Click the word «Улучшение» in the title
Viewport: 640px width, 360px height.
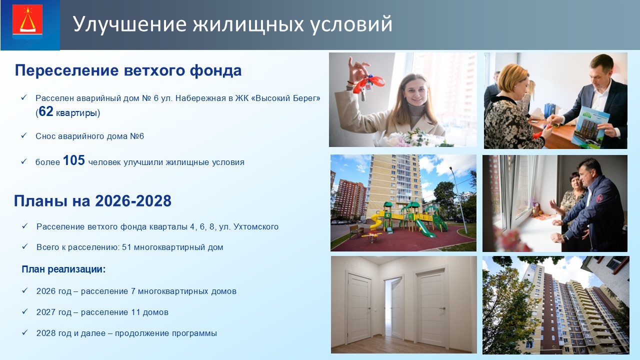pos(130,24)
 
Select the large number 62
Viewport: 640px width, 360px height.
pos(46,111)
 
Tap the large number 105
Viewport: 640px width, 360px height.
pos(73,160)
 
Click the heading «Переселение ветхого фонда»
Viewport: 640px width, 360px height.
pos(128,70)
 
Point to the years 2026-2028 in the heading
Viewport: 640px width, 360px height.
pos(133,200)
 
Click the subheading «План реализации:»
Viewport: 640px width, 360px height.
pos(63,269)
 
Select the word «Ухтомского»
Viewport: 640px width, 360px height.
pos(256,227)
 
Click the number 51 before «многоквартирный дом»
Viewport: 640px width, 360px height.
pos(126,247)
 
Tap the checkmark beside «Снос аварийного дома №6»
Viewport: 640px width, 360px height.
pos(24,135)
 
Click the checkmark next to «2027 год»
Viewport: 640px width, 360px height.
pos(25,311)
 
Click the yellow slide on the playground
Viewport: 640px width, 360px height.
pos(376,221)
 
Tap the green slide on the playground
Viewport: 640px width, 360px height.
pos(424,228)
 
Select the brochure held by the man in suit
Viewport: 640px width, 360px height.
pos(589,127)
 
